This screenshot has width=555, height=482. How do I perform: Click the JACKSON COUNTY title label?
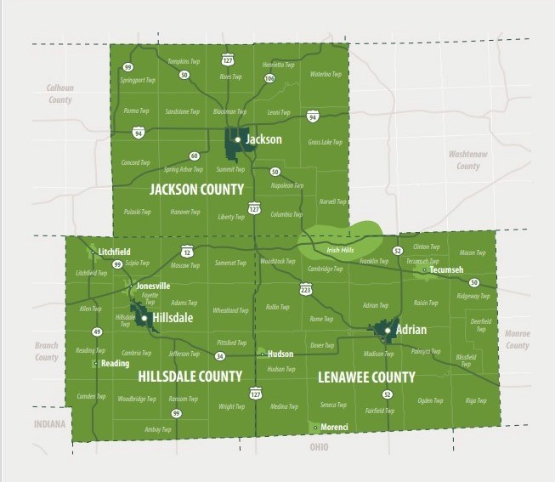tap(196, 189)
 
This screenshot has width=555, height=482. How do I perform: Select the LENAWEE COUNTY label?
tap(365, 376)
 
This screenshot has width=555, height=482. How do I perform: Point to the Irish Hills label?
tap(340, 250)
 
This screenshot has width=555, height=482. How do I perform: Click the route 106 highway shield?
tap(269, 78)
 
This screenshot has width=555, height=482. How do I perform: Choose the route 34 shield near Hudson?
tap(220, 356)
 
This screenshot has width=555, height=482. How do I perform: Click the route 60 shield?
tap(195, 156)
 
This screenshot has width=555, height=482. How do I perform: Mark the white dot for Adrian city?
tap(387, 329)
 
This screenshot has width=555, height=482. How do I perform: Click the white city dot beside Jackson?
tap(238, 139)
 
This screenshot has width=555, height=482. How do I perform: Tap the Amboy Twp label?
tap(158, 429)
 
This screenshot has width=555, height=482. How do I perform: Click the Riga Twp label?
tap(475, 400)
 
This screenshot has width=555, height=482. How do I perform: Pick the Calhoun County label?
tap(60, 94)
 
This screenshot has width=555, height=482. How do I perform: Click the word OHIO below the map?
tap(319, 446)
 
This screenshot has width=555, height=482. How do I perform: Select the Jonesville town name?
tap(153, 286)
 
